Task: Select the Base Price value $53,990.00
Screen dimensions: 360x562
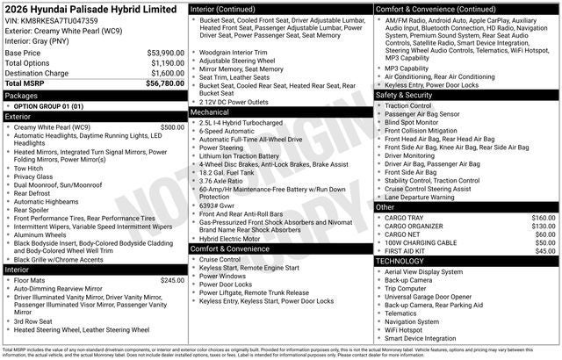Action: [165, 53]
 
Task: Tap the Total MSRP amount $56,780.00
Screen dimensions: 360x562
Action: [165, 84]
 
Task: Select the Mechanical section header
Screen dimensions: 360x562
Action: [211, 112]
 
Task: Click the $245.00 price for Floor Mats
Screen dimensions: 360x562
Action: [171, 280]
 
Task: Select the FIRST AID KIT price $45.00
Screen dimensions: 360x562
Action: [544, 251]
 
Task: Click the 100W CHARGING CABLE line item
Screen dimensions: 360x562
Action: [421, 242]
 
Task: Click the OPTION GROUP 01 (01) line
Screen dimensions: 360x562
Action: [48, 105]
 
